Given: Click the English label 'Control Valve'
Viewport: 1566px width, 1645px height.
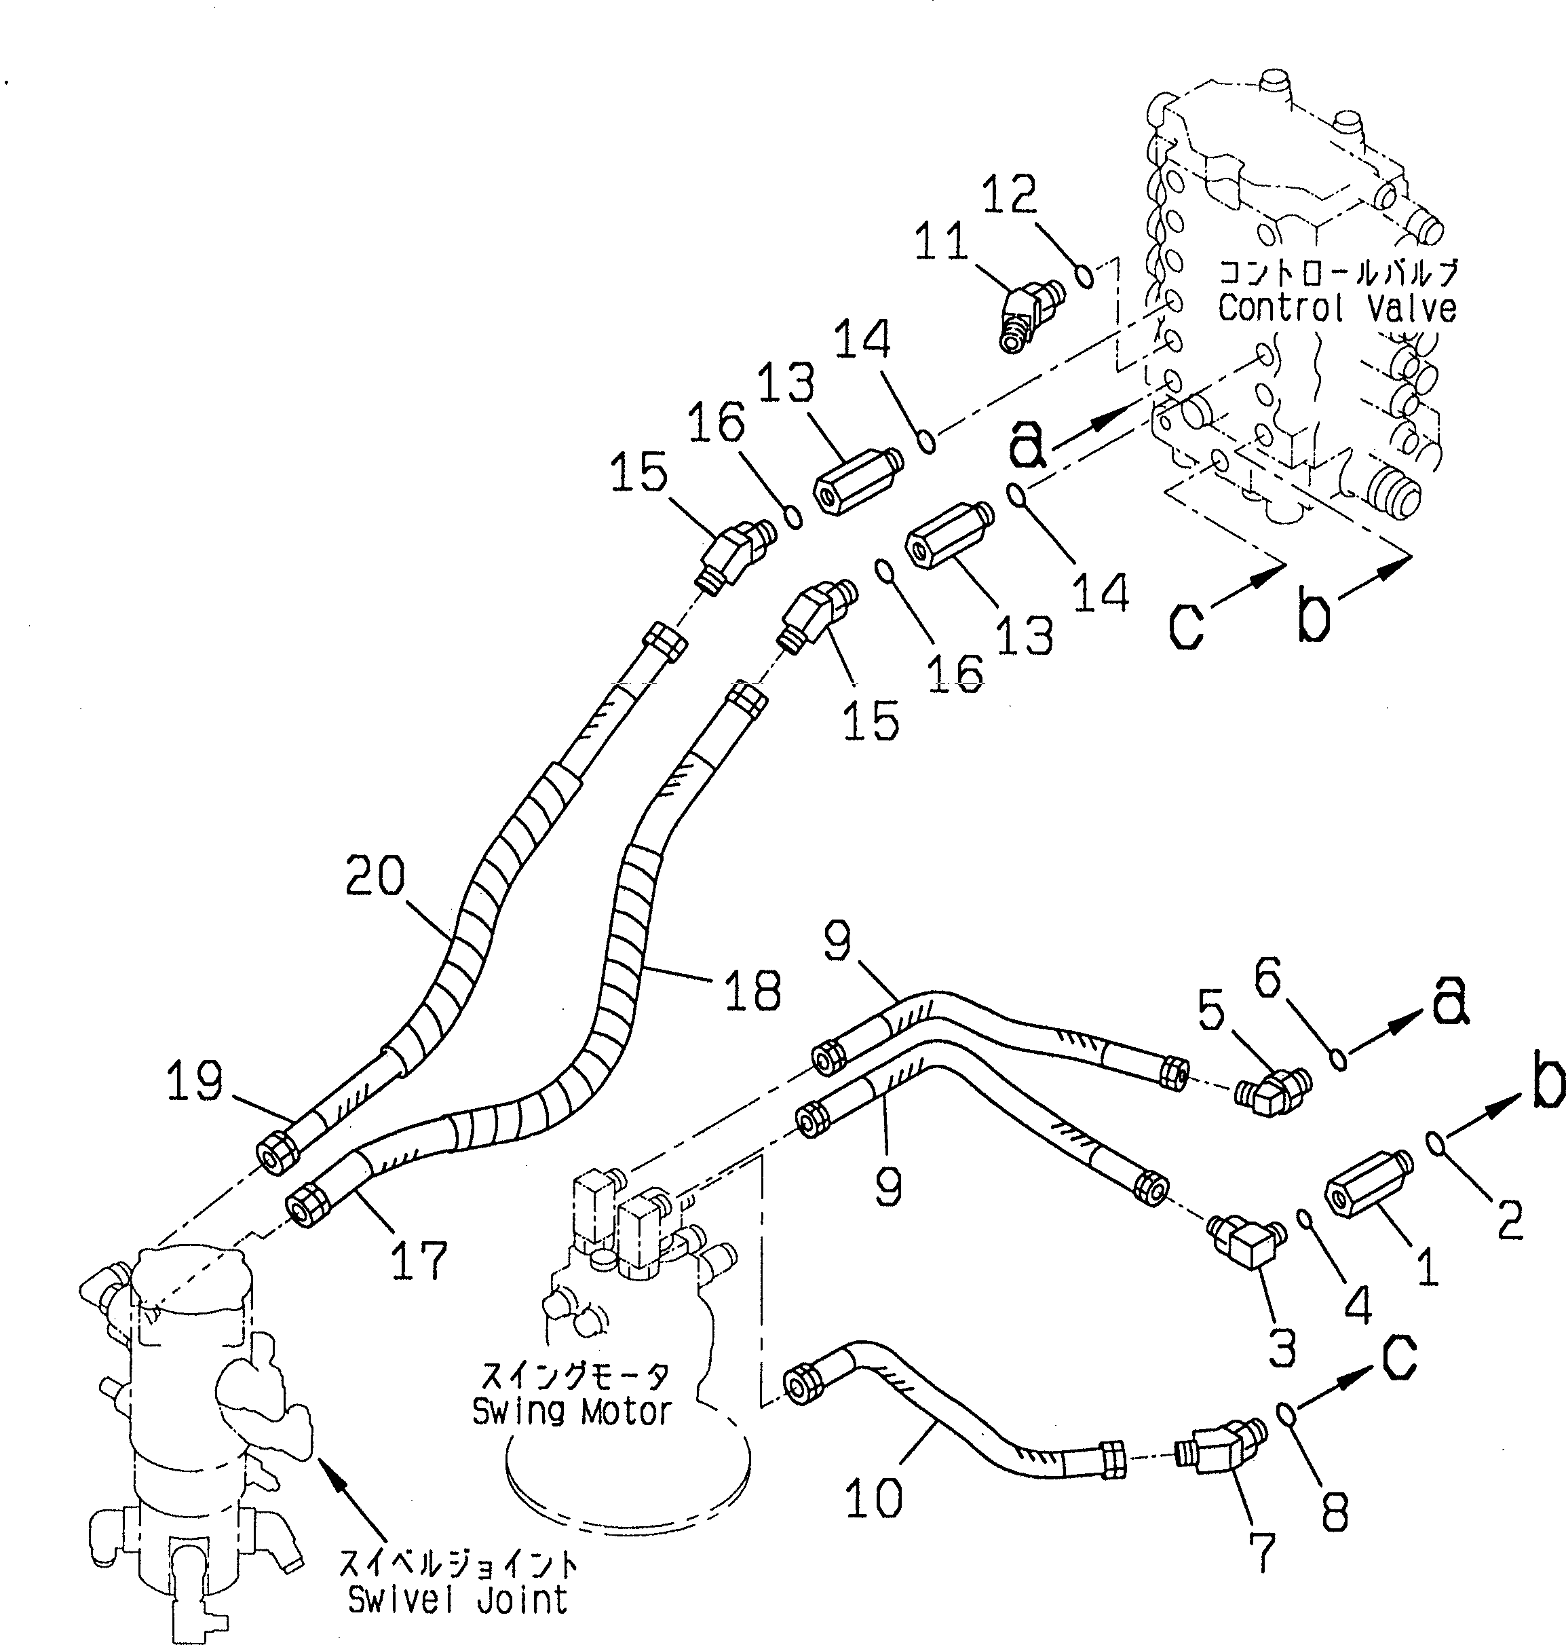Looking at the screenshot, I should coord(1337,308).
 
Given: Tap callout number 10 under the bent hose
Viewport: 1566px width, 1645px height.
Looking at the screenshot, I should coord(873,1497).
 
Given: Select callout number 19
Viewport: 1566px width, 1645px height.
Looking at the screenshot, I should coord(195,1080).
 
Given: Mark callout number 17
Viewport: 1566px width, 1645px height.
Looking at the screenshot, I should coord(419,1260).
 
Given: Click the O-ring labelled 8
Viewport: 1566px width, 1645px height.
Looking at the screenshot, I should coord(1286,1414).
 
